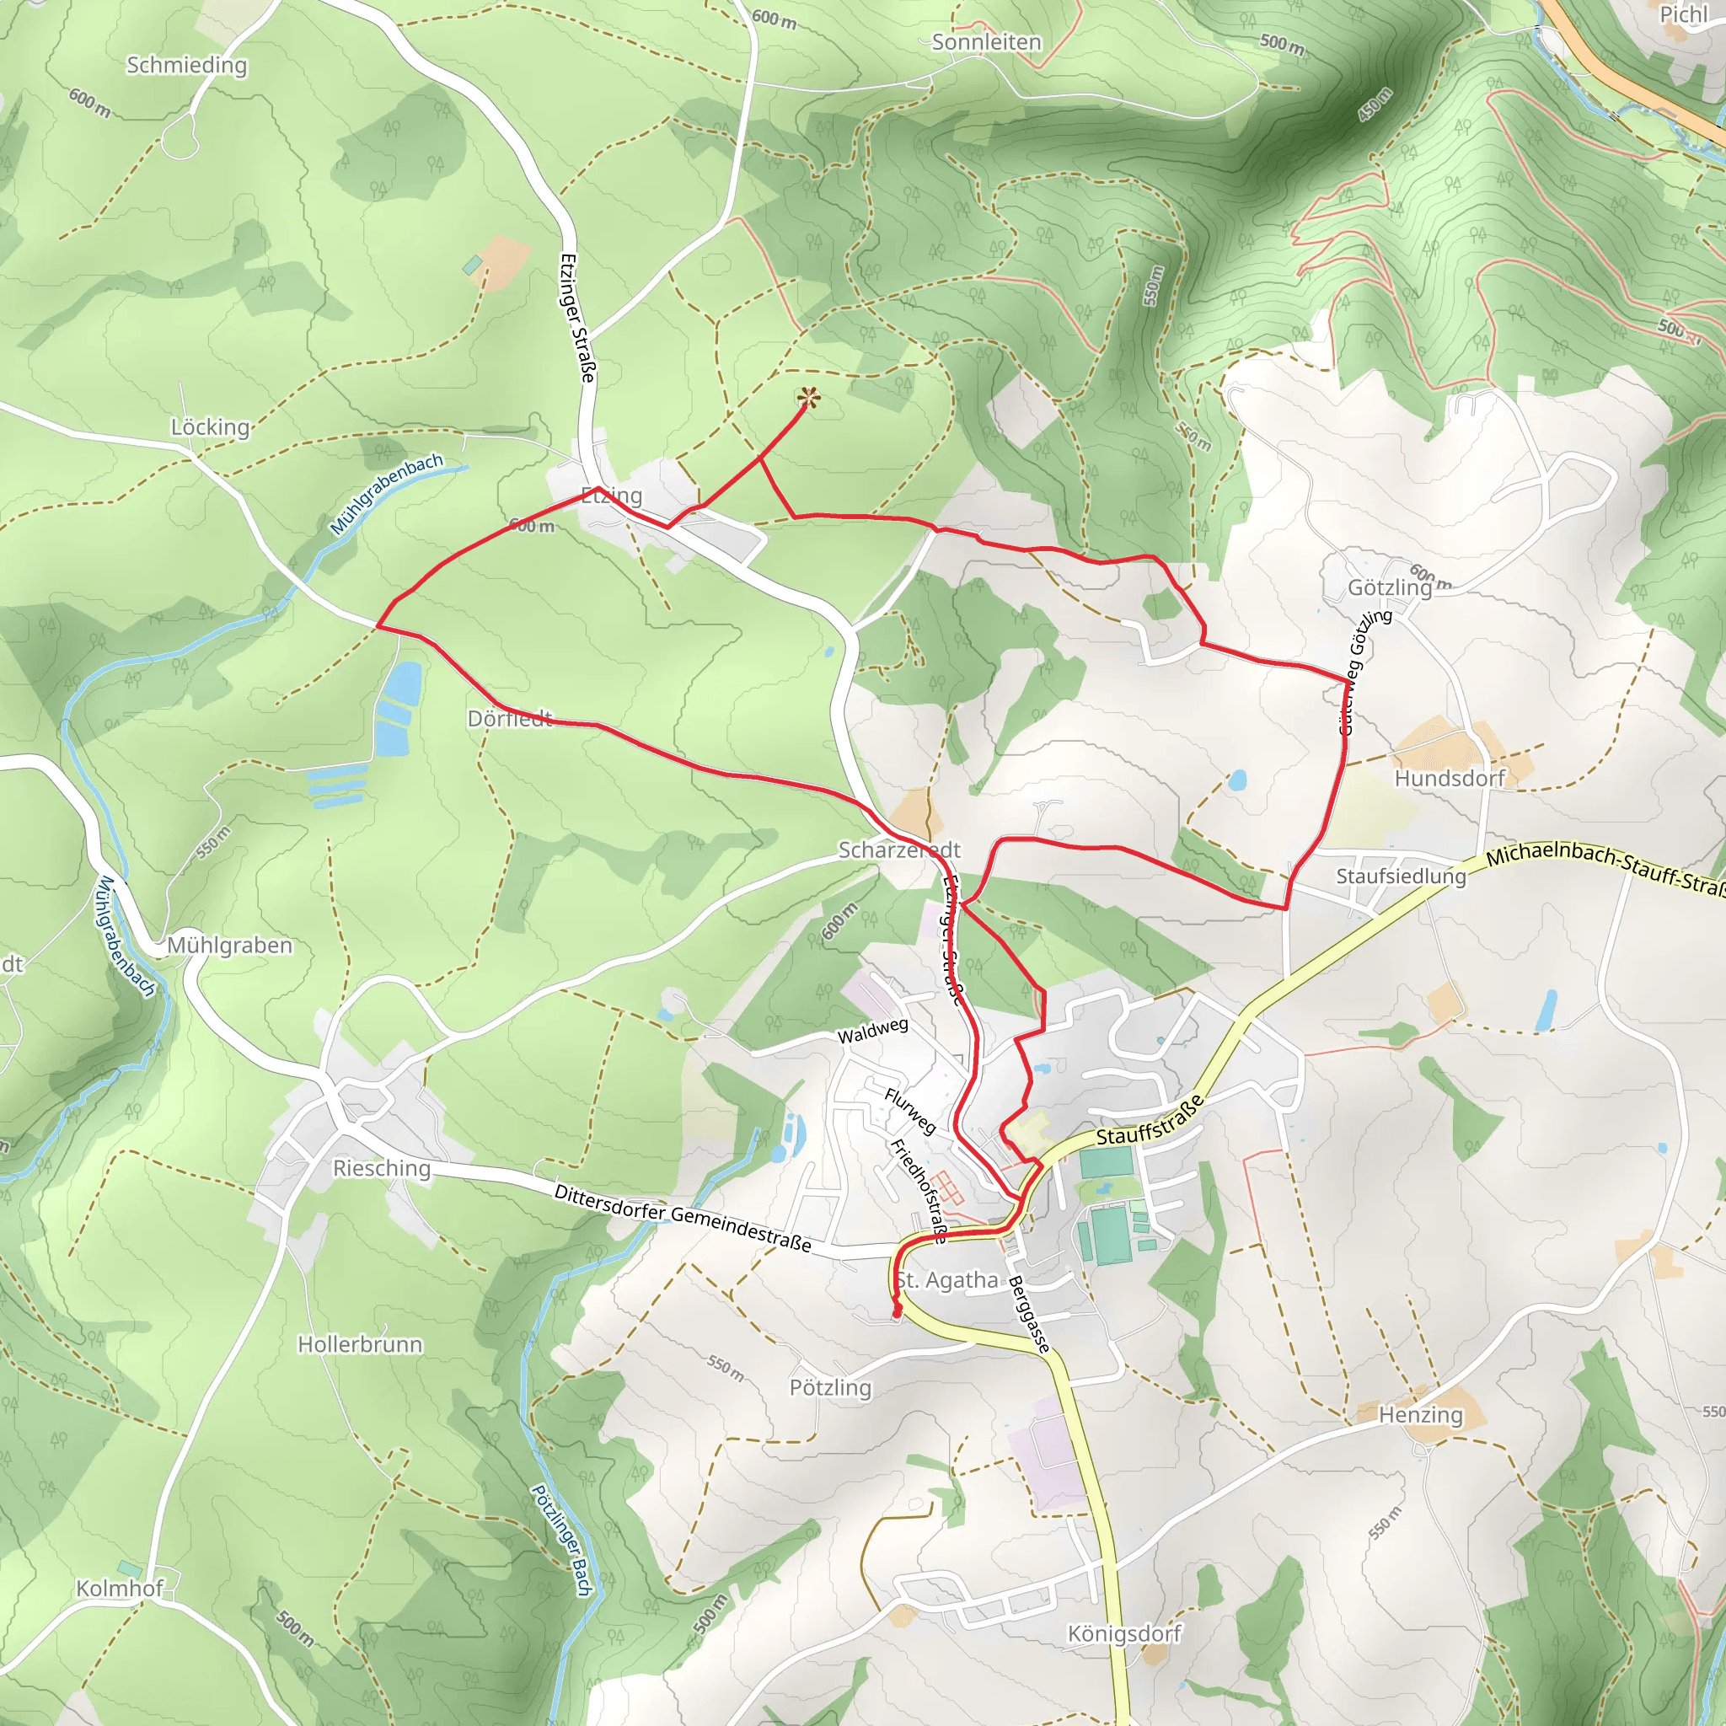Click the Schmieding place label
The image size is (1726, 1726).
187,65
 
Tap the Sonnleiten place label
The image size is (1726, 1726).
986,42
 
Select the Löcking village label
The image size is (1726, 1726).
210,427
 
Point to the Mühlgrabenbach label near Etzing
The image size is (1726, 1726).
386,494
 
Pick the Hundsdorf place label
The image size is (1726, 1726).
1449,778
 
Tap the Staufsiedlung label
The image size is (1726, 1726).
1401,876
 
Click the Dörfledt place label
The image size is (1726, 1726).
510,718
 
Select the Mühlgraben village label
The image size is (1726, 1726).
229,946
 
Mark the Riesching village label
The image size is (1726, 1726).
382,1169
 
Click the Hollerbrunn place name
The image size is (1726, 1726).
360,1344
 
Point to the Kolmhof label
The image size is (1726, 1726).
120,1589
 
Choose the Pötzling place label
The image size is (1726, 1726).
830,1387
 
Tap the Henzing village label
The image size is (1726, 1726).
1420,1415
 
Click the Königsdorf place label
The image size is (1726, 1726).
1124,1634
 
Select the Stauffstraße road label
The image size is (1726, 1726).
1150,1121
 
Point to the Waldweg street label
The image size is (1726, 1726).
872,1031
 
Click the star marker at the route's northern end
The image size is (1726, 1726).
807,398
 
